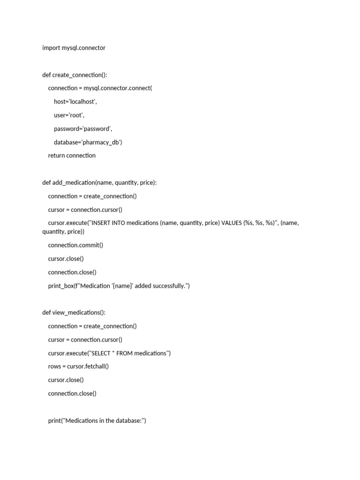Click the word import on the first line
pyautogui.click(x=51, y=48)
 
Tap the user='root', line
pyautogui.click(x=69, y=115)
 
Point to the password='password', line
pyautogui.click(x=83, y=129)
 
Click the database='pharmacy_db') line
pyautogui.click(x=88, y=142)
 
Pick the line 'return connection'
pyautogui.click(x=72, y=156)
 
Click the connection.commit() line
pyautogui.click(x=75, y=245)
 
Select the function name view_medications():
pyautogui.click(x=76, y=313)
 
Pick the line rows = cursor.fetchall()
pyautogui.click(x=78, y=367)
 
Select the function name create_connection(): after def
pyautogui.click(x=80, y=75)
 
